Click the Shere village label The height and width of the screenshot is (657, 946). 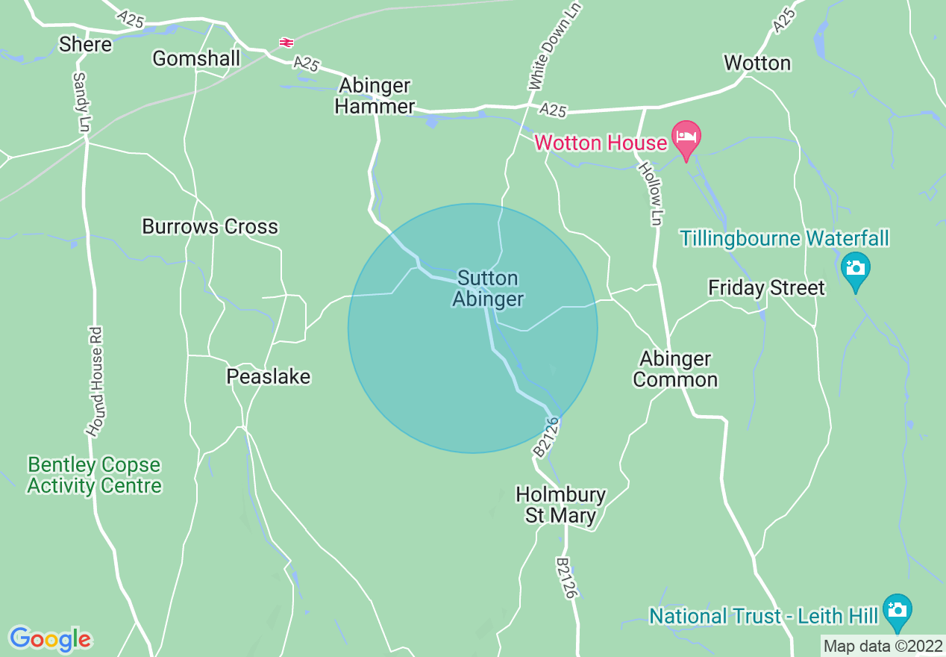click(x=86, y=45)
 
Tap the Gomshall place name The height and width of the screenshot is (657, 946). click(x=196, y=58)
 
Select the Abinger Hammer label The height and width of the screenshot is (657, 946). click(x=375, y=96)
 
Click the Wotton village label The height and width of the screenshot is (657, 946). click(x=757, y=63)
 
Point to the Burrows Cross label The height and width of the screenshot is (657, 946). click(x=210, y=226)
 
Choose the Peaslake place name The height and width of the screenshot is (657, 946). click(x=268, y=376)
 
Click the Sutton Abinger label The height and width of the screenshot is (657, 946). click(x=488, y=289)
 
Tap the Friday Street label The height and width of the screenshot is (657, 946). click(x=766, y=287)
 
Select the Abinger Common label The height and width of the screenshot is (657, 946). click(x=675, y=369)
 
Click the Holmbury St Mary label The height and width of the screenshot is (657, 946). click(x=561, y=505)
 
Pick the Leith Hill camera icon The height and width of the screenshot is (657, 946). click(x=896, y=609)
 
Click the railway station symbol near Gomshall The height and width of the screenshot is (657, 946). click(x=286, y=43)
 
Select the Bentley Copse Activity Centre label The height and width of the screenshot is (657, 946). click(x=94, y=475)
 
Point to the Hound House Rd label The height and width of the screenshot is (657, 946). click(x=95, y=381)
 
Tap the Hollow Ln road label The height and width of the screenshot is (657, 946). click(x=650, y=194)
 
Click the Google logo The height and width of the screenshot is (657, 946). click(x=50, y=638)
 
